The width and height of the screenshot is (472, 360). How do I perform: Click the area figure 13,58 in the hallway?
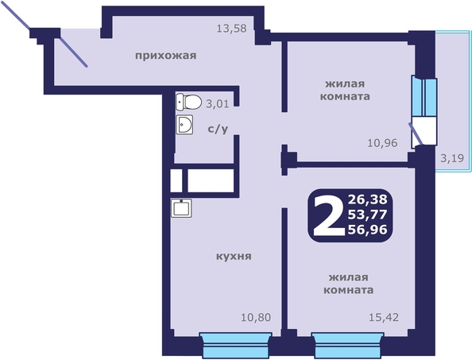(x=231, y=29)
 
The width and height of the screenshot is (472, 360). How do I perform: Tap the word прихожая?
(x=165, y=56)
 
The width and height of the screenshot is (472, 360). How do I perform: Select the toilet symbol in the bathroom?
(x=188, y=102)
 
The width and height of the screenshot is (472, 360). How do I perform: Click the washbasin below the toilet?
(x=184, y=124)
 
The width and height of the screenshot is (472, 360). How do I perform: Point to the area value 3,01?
(x=218, y=104)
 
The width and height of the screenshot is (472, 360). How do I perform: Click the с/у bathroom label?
(x=218, y=129)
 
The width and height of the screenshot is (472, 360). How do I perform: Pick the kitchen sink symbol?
(x=181, y=208)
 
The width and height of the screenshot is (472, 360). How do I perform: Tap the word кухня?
(x=234, y=257)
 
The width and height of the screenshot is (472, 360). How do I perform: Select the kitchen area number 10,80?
(x=256, y=317)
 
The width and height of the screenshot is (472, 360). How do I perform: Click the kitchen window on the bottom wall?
(x=236, y=344)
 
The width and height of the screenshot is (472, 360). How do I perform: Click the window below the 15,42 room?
(x=348, y=344)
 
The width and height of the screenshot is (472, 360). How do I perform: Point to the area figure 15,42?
(x=384, y=317)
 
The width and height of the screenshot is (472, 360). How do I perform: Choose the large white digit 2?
(x=329, y=215)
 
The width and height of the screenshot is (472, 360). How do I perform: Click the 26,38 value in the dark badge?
(x=368, y=199)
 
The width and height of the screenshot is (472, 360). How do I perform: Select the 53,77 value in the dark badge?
(x=368, y=215)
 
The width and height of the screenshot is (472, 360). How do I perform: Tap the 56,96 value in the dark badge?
(x=368, y=230)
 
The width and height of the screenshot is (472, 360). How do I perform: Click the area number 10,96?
(x=382, y=143)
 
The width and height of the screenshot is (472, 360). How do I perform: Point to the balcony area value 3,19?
(x=452, y=157)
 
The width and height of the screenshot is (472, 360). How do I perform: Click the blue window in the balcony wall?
(x=424, y=97)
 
